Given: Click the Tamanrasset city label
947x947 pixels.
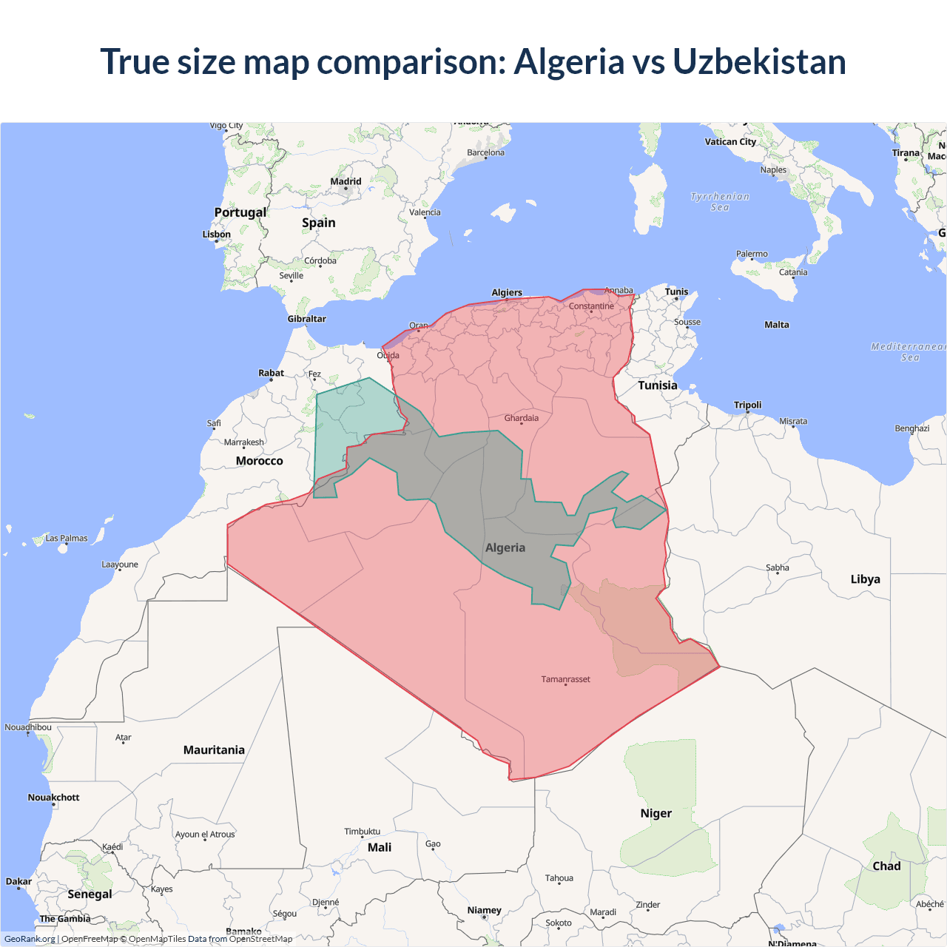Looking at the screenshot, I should [x=565, y=679].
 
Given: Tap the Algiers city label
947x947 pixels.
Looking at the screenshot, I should [x=507, y=293].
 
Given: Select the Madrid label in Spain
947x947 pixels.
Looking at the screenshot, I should [x=346, y=181].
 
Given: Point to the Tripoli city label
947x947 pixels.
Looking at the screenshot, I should [x=747, y=405].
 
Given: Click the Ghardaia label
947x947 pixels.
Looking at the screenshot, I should [x=522, y=418].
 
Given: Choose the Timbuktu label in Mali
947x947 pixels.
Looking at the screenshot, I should [x=362, y=832].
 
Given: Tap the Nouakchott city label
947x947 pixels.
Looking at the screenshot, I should [x=53, y=798].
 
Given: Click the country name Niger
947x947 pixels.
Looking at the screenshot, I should [x=656, y=813].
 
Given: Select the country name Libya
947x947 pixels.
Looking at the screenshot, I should [x=865, y=579].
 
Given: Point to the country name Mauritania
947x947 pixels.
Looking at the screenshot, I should [x=214, y=750].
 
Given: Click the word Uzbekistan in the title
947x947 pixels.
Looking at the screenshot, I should [x=759, y=61].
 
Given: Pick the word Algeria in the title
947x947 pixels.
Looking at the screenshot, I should [x=569, y=61].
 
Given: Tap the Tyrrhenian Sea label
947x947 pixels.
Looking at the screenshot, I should [x=720, y=202].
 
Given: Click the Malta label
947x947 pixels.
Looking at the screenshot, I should [x=777, y=325].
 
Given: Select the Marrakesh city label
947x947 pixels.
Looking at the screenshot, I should [x=243, y=442].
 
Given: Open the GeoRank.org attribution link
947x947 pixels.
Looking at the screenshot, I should [x=30, y=939].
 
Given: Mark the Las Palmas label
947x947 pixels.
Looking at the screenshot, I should [x=67, y=539].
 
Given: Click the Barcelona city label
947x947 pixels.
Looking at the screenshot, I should [x=485, y=153].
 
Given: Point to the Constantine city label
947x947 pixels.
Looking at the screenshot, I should [x=591, y=306].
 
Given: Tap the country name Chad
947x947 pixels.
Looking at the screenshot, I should [x=886, y=866].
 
